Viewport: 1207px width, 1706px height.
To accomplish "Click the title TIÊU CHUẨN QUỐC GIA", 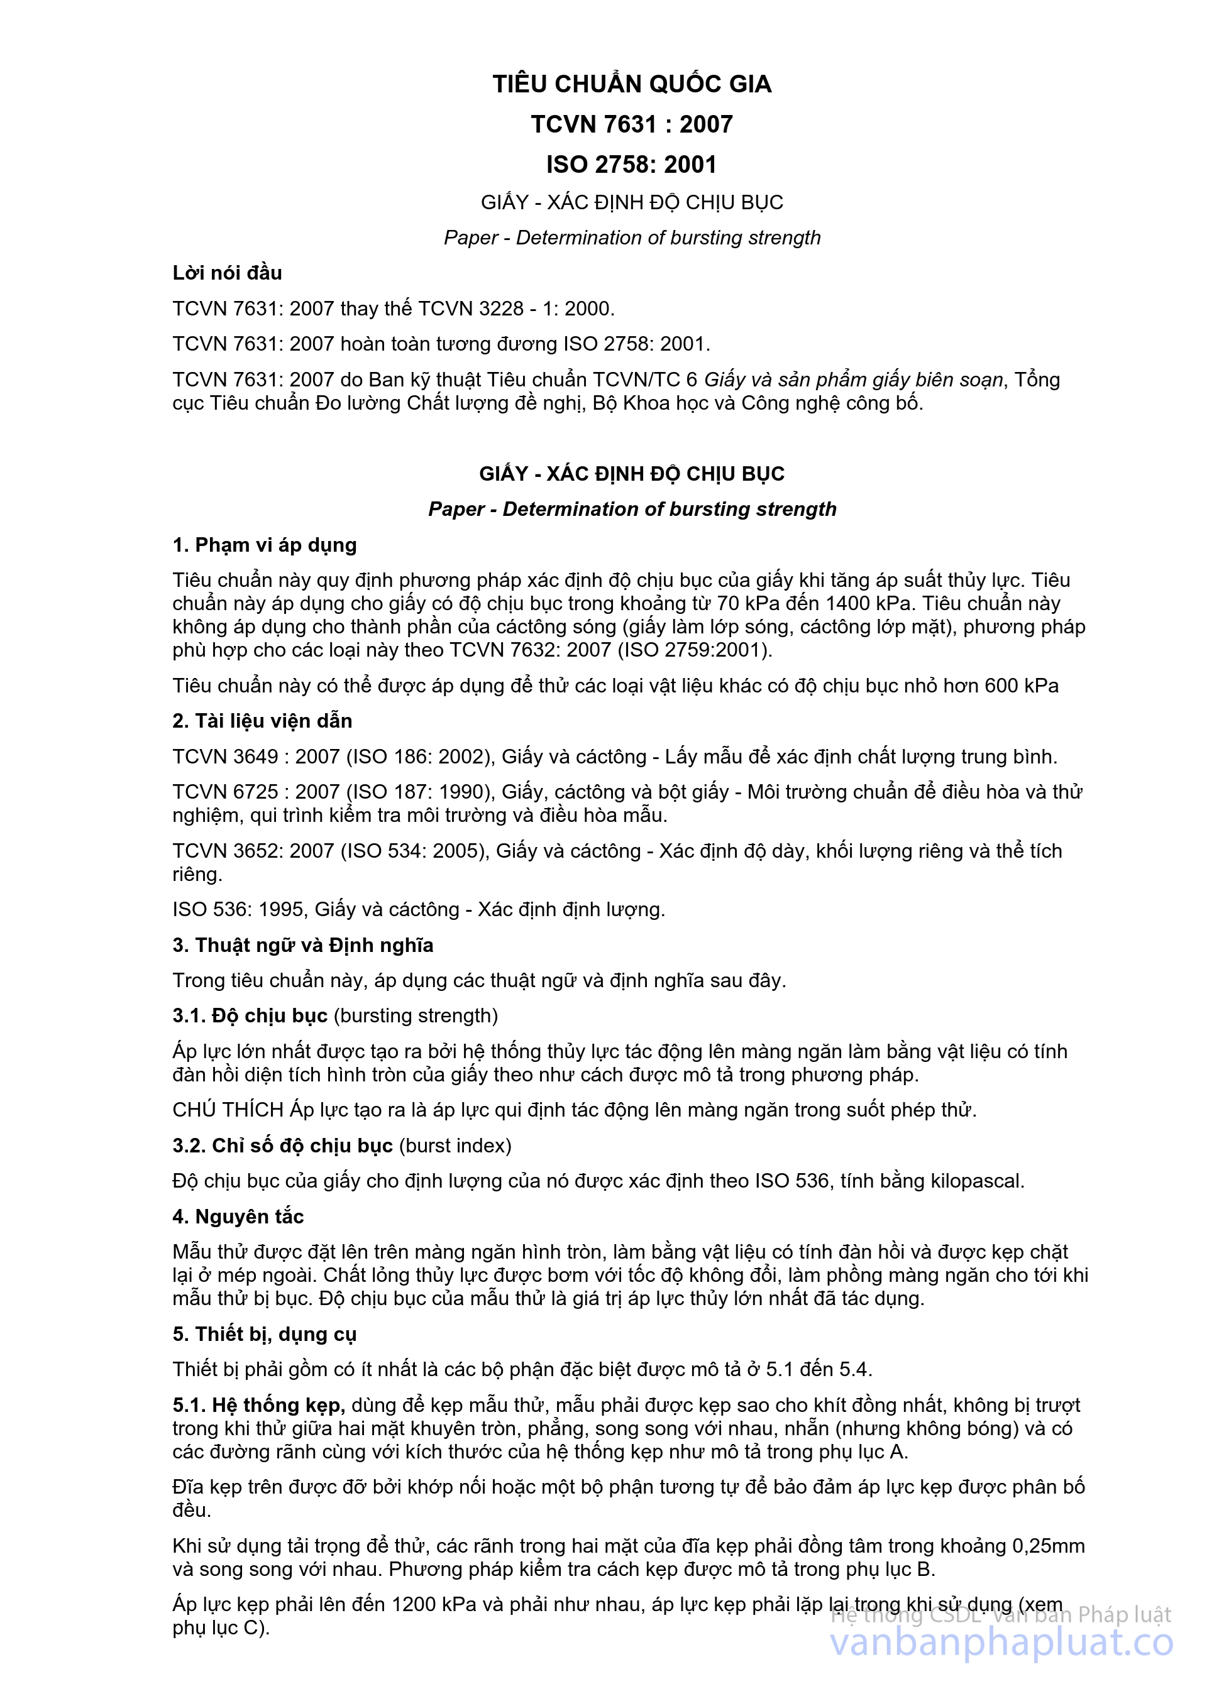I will [x=632, y=84].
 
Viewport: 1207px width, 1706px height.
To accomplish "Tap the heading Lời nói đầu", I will [x=227, y=273].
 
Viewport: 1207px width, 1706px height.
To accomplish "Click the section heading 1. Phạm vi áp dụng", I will [x=264, y=545].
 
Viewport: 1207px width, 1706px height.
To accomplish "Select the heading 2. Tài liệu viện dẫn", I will [x=262, y=721].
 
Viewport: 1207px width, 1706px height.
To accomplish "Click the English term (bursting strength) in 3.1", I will [x=416, y=1015].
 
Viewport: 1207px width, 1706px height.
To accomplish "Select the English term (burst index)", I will [x=455, y=1146].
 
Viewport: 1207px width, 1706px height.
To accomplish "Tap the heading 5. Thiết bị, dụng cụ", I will [x=264, y=1334].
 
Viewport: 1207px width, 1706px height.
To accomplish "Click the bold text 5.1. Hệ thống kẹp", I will [x=258, y=1405].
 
